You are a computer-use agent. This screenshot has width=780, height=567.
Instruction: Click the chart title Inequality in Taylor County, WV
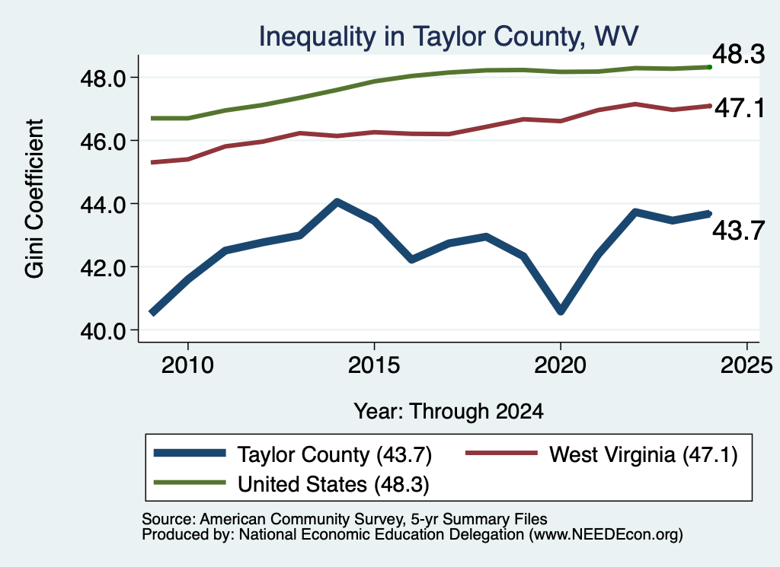tap(448, 37)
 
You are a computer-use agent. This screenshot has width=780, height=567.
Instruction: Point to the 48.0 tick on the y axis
tap(103, 78)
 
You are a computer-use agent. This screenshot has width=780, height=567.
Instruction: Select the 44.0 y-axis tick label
tap(103, 204)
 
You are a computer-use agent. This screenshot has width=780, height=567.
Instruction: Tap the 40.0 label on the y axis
tap(103, 330)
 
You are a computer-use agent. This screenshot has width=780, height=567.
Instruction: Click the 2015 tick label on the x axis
tap(373, 365)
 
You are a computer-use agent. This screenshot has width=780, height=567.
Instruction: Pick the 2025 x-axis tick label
tap(746, 365)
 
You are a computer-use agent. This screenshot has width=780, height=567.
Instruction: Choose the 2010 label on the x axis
tap(187, 365)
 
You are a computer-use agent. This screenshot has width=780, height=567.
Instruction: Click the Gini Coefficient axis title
tap(34, 199)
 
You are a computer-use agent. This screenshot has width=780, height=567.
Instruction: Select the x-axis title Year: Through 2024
tap(449, 412)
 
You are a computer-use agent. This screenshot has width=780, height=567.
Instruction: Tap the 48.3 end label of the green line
tap(739, 54)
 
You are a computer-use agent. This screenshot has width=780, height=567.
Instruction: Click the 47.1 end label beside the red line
tap(740, 108)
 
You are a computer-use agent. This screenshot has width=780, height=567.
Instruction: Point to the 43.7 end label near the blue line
tap(739, 231)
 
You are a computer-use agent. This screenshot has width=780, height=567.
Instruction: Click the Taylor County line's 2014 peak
tap(337, 202)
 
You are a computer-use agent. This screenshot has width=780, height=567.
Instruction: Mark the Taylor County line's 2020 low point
tap(561, 311)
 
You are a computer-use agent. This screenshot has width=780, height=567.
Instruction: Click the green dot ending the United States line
tap(710, 67)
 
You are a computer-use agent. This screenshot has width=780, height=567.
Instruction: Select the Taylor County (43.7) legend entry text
tap(335, 454)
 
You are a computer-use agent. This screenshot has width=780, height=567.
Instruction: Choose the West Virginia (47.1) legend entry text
tap(643, 454)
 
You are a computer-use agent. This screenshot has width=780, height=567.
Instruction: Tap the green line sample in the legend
tap(190, 483)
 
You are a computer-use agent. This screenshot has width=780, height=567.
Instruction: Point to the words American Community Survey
tap(302, 519)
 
